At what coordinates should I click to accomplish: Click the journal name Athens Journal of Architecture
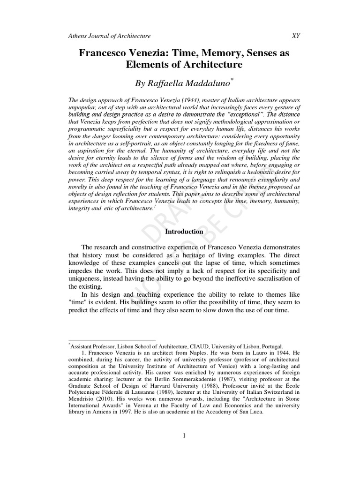[110, 36]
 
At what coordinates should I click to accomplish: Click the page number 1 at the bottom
[184, 436]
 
